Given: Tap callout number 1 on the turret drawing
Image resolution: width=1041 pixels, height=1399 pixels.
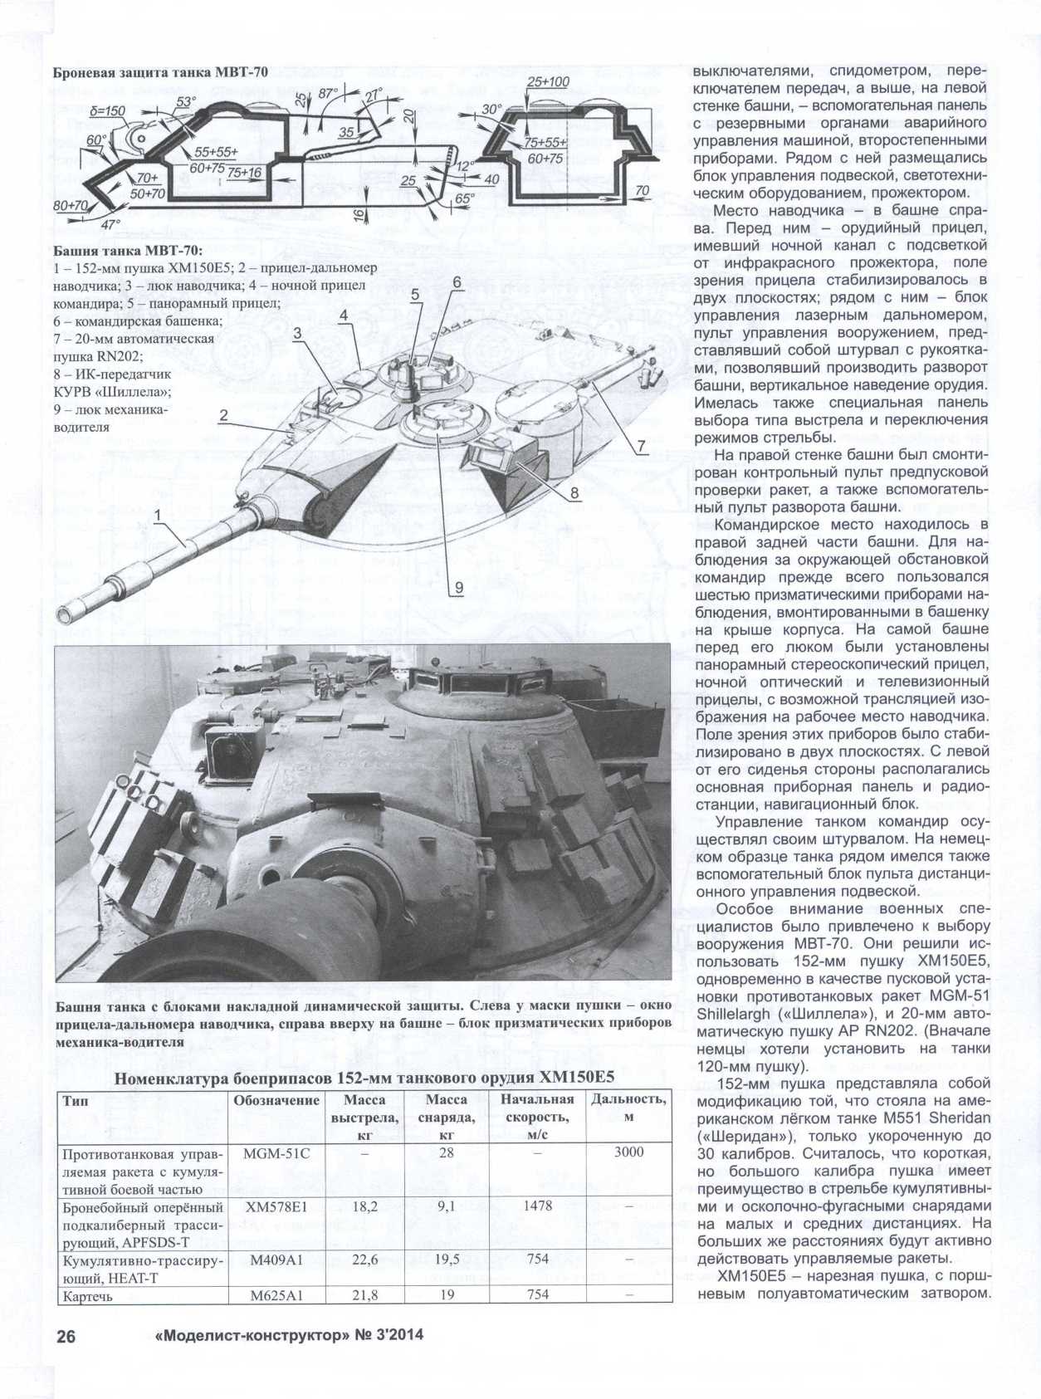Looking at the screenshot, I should (158, 516).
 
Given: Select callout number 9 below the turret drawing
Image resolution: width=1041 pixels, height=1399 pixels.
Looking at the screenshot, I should (458, 587).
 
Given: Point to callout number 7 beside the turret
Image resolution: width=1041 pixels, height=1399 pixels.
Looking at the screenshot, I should (642, 446).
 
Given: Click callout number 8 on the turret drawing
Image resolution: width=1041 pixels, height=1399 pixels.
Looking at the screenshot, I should (573, 493).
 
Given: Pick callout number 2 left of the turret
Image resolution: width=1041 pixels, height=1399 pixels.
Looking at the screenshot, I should (224, 415).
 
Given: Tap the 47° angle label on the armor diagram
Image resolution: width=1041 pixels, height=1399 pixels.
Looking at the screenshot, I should (110, 223).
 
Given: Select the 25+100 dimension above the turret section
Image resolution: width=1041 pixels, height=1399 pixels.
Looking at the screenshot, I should (548, 81).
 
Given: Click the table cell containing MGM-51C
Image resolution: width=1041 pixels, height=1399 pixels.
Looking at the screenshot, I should (276, 1153).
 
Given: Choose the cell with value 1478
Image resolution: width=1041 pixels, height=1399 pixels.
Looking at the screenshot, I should (537, 1205).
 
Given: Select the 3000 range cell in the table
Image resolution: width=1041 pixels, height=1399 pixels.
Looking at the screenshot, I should (628, 1152).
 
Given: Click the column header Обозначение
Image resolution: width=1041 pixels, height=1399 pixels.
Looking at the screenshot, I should (276, 1100).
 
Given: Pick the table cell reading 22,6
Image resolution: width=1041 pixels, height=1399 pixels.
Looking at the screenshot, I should (364, 1260).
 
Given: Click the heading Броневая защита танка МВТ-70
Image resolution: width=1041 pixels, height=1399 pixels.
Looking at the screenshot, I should (160, 71).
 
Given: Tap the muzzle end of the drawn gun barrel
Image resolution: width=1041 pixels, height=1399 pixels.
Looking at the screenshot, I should (65, 614).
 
